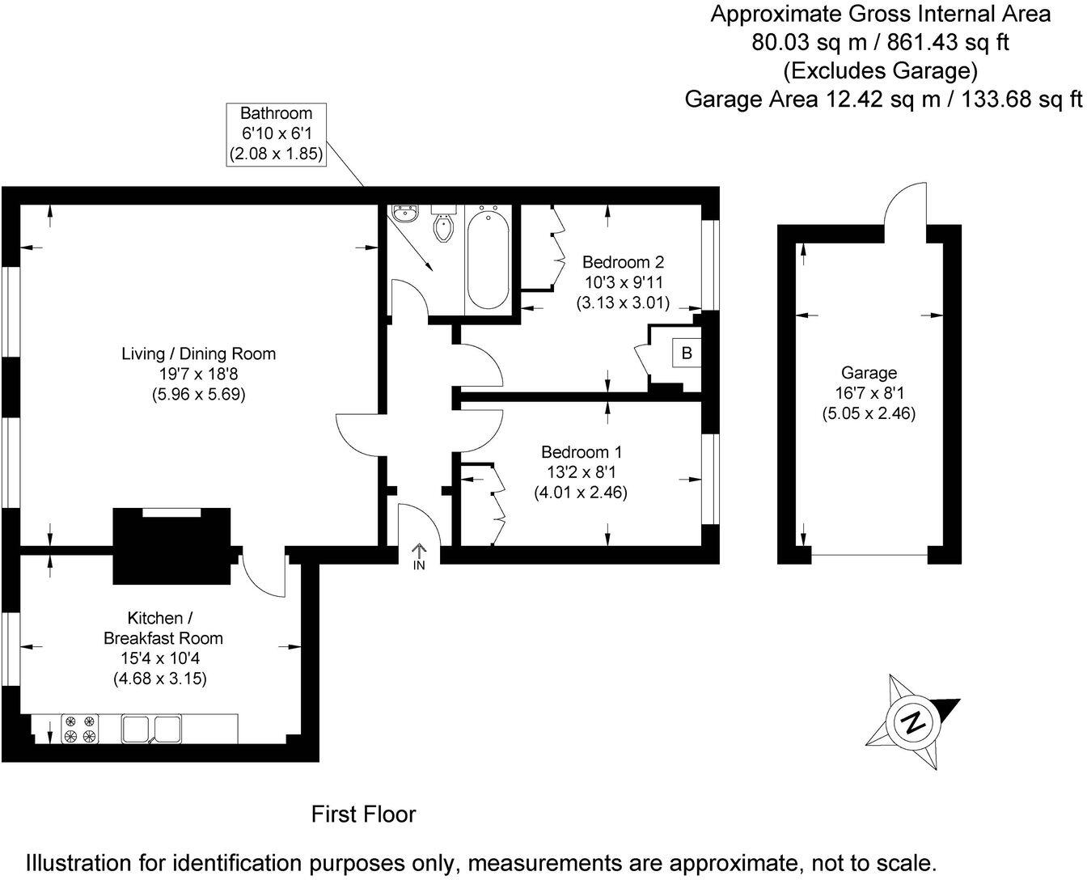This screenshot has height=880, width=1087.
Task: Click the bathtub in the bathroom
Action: pos(488,258)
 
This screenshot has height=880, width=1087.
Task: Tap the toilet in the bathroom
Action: pos(444,226)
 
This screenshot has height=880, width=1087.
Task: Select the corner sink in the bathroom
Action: pos(405,214)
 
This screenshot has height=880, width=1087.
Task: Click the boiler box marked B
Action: pos(686,353)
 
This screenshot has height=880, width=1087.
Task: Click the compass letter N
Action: pos(914,722)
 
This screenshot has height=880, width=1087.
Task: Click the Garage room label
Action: pos(869,373)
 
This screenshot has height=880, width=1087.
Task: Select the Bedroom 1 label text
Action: pos(581,451)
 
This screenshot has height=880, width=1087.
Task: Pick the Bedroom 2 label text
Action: pos(623,262)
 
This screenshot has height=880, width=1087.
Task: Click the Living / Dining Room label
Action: pos(198,353)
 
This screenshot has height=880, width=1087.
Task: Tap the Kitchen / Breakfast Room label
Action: pos(162,628)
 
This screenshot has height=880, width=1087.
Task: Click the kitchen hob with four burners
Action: pos(80,728)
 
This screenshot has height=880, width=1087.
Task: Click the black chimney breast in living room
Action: pos(171,546)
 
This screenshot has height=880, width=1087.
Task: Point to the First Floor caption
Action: pos(363,814)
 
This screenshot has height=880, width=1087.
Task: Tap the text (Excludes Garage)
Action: pos(880,70)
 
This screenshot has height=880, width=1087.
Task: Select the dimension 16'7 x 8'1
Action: pos(869,394)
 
